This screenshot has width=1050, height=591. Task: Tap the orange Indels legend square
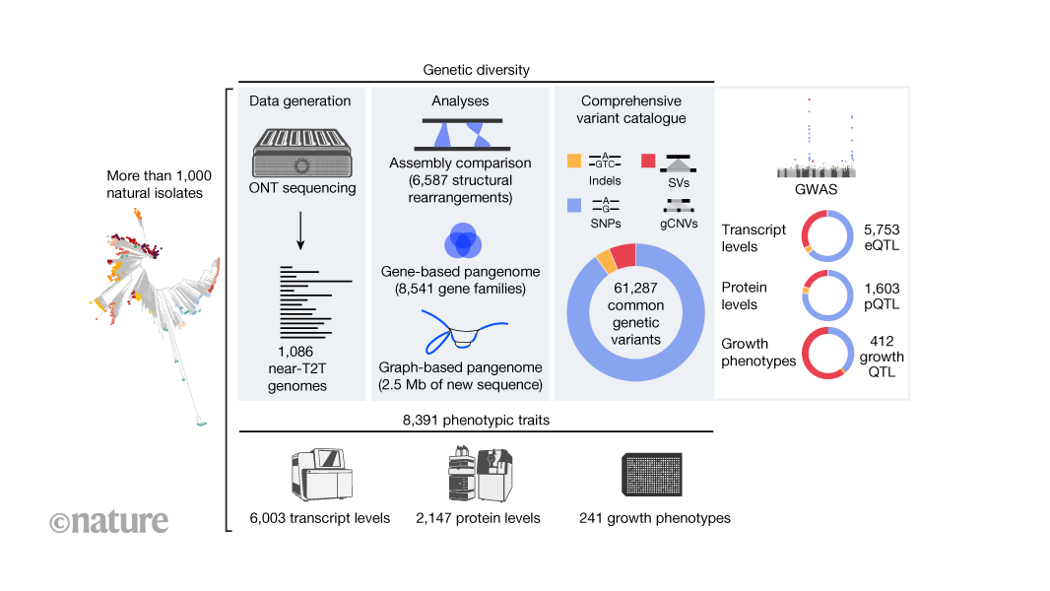point(575,161)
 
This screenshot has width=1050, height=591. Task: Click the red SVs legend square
point(648,161)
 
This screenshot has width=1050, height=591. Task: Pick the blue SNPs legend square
point(575,205)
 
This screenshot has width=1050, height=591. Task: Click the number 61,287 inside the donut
point(635,287)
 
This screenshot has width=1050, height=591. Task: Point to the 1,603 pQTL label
point(882,295)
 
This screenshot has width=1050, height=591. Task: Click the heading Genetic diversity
point(476,70)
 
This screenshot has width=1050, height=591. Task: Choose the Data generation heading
point(299,101)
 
